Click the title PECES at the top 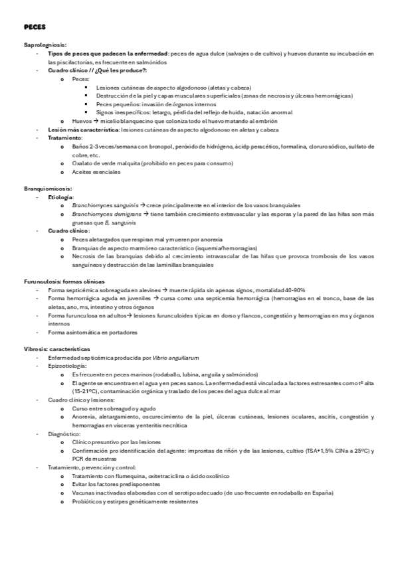pos(33,28)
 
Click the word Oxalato pos(82,163)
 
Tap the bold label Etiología pos(62,197)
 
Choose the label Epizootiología pos(66,366)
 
